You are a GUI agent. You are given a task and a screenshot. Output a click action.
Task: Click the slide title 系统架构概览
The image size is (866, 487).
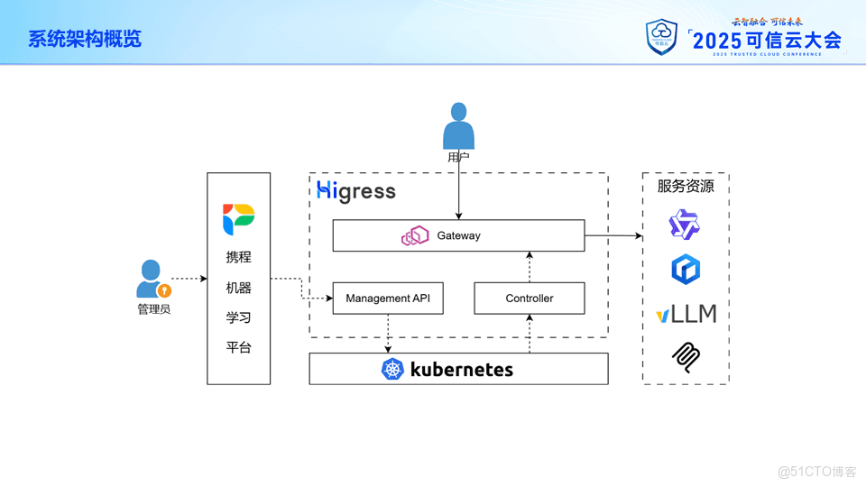pos(85,39)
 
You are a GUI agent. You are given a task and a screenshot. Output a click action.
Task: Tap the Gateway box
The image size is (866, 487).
pos(458,235)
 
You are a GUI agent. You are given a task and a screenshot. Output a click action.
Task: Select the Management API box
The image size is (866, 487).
pos(388,299)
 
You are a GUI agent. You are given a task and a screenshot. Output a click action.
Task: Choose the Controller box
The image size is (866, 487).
pos(530,299)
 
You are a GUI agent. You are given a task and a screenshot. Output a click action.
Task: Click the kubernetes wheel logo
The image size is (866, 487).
pos(392,369)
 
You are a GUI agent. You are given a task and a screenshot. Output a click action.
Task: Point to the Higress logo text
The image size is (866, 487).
pos(356,191)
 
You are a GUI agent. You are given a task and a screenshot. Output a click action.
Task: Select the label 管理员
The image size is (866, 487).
pos(153,309)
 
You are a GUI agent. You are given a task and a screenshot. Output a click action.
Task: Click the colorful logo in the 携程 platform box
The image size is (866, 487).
pos(239,219)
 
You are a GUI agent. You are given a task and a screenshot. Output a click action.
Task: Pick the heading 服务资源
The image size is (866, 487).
pos(686,187)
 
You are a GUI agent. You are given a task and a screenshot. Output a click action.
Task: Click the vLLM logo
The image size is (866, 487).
pos(686,314)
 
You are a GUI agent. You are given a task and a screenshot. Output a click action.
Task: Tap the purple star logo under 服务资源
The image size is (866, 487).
pos(685,225)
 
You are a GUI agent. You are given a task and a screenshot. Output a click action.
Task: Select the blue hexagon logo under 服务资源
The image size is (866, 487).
pos(686,269)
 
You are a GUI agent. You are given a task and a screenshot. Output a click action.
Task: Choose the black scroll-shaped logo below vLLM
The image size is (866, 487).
pos(686,358)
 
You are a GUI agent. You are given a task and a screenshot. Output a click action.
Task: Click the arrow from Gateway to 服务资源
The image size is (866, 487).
pos(613,236)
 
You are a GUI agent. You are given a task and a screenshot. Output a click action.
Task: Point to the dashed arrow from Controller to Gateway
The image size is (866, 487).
pos(530,267)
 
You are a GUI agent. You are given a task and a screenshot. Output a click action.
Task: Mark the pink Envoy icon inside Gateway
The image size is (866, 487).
pos(416,236)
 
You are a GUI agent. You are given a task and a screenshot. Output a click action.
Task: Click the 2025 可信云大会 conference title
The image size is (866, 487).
pos(766,40)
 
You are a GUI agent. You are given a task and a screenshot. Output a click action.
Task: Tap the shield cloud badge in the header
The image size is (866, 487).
pos(661,37)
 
